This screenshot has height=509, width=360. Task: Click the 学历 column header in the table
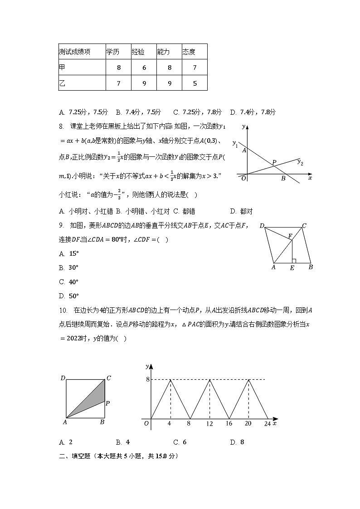pos(113,52)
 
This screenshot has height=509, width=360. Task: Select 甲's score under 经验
pos(144,68)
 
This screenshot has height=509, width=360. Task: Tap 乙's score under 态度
pos(195,83)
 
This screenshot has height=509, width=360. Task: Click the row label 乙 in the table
pos(62,83)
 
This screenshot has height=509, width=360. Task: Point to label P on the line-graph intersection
pos(274,162)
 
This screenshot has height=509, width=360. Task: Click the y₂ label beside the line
pos(300,162)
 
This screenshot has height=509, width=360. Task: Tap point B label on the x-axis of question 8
pos(283,179)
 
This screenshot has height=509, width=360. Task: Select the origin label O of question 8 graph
pos(243,179)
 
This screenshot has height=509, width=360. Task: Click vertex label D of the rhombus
pos(262,226)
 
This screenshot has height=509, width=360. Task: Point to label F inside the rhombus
pos(290,236)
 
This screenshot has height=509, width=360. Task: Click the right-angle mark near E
pos(294,261)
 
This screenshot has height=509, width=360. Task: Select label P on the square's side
pos(108,402)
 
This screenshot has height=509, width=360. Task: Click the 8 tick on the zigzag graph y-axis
pos(147,379)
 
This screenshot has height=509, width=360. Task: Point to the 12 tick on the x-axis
pos(209,423)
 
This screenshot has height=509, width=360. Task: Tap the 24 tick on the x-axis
pos(267,423)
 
